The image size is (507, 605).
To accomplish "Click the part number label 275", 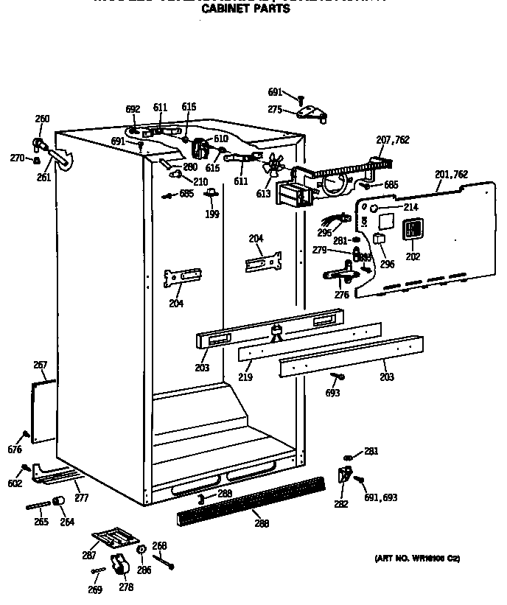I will pyautogui.click(x=275, y=110).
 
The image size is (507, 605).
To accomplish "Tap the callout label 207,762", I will pyautogui.click(x=392, y=140).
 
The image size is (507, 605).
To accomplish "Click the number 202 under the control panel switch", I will pyautogui.click(x=413, y=256).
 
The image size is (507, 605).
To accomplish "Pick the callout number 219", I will pyautogui.click(x=245, y=377).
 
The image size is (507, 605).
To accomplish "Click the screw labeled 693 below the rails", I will pyautogui.click(x=338, y=377).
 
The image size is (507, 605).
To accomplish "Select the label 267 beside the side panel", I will pyautogui.click(x=41, y=365).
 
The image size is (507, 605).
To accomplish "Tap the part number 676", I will pyautogui.click(x=15, y=450).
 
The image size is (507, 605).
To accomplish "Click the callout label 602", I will pyautogui.click(x=15, y=483).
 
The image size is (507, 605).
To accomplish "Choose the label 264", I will pyautogui.click(x=67, y=522).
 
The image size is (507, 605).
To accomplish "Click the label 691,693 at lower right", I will pyautogui.click(x=380, y=498).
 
